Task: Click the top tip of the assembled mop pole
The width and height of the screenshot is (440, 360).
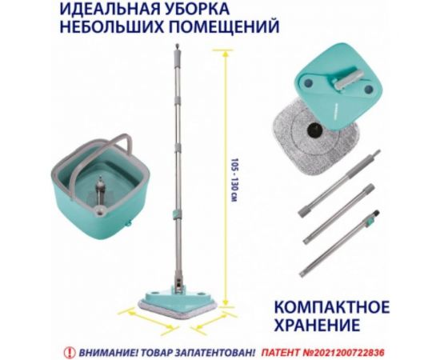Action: point(174,47)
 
